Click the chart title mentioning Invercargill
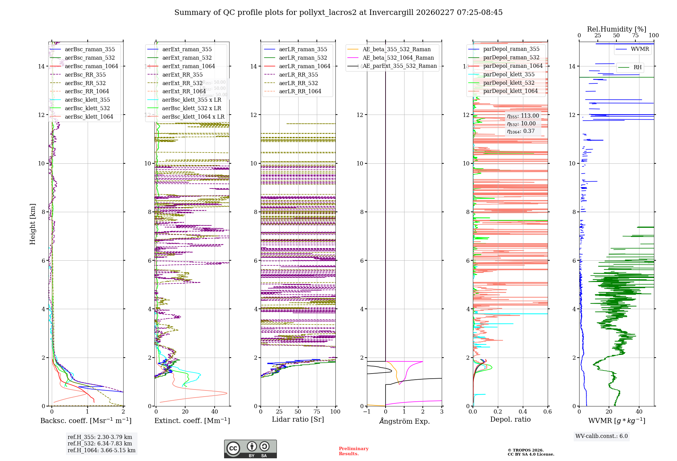[x=338, y=13]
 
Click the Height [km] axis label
[x=32, y=224]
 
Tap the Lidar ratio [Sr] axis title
[x=298, y=419]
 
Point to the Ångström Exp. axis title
[x=404, y=421]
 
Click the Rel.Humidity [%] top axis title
[x=616, y=29]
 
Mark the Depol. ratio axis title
[x=510, y=419]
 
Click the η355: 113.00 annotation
[x=523, y=116]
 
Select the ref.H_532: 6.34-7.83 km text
[x=100, y=443]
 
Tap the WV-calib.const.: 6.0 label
[x=602, y=436]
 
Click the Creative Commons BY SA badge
[x=250, y=449]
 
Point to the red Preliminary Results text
[x=353, y=451]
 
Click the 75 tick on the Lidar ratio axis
[x=317, y=412]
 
